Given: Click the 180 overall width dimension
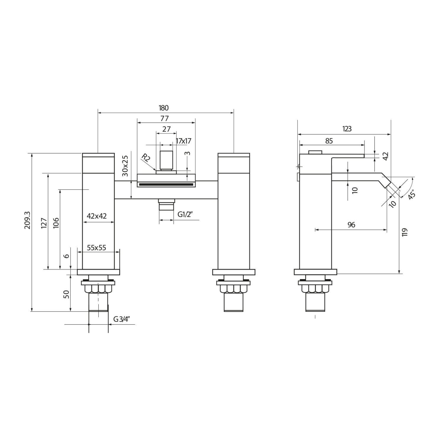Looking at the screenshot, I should pyautogui.click(x=164, y=108).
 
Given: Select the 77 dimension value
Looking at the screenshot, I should pyautogui.click(x=165, y=118).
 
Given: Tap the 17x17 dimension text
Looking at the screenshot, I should pyautogui.click(x=183, y=141).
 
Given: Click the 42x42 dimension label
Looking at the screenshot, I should pyautogui.click(x=97, y=216).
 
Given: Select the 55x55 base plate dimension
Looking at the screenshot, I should pyautogui.click(x=96, y=247).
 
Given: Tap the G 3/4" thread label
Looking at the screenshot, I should pyautogui.click(x=122, y=319).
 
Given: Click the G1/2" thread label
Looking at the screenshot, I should pyautogui.click(x=185, y=214).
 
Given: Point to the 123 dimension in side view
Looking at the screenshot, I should pyautogui.click(x=347, y=129).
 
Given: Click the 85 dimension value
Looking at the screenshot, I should pyautogui.click(x=329, y=141).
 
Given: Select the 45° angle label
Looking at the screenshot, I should pyautogui.click(x=411, y=195).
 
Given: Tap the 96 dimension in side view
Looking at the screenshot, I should pyautogui.click(x=351, y=225).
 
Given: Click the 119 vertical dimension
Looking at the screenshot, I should pyautogui.click(x=405, y=232).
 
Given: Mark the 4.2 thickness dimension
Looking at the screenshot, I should pyautogui.click(x=386, y=156).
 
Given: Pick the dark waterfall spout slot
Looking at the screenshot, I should pyautogui.click(x=166, y=185).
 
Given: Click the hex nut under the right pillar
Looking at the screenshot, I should pyautogui.click(x=233, y=288).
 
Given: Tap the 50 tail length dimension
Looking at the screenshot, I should pyautogui.click(x=66, y=294).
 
